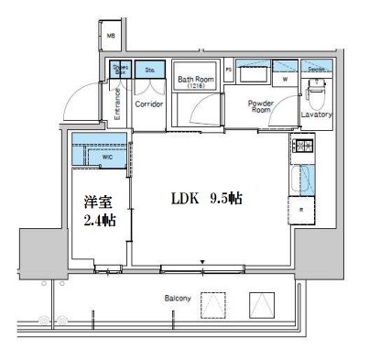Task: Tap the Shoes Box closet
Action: [120, 69]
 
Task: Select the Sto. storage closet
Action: [147, 69]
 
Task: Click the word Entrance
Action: [117, 104]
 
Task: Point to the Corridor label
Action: [148, 104]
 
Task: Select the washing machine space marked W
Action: [285, 79]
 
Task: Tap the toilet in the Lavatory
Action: [318, 91]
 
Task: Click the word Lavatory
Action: [317, 115]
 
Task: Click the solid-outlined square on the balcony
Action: [262, 303]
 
